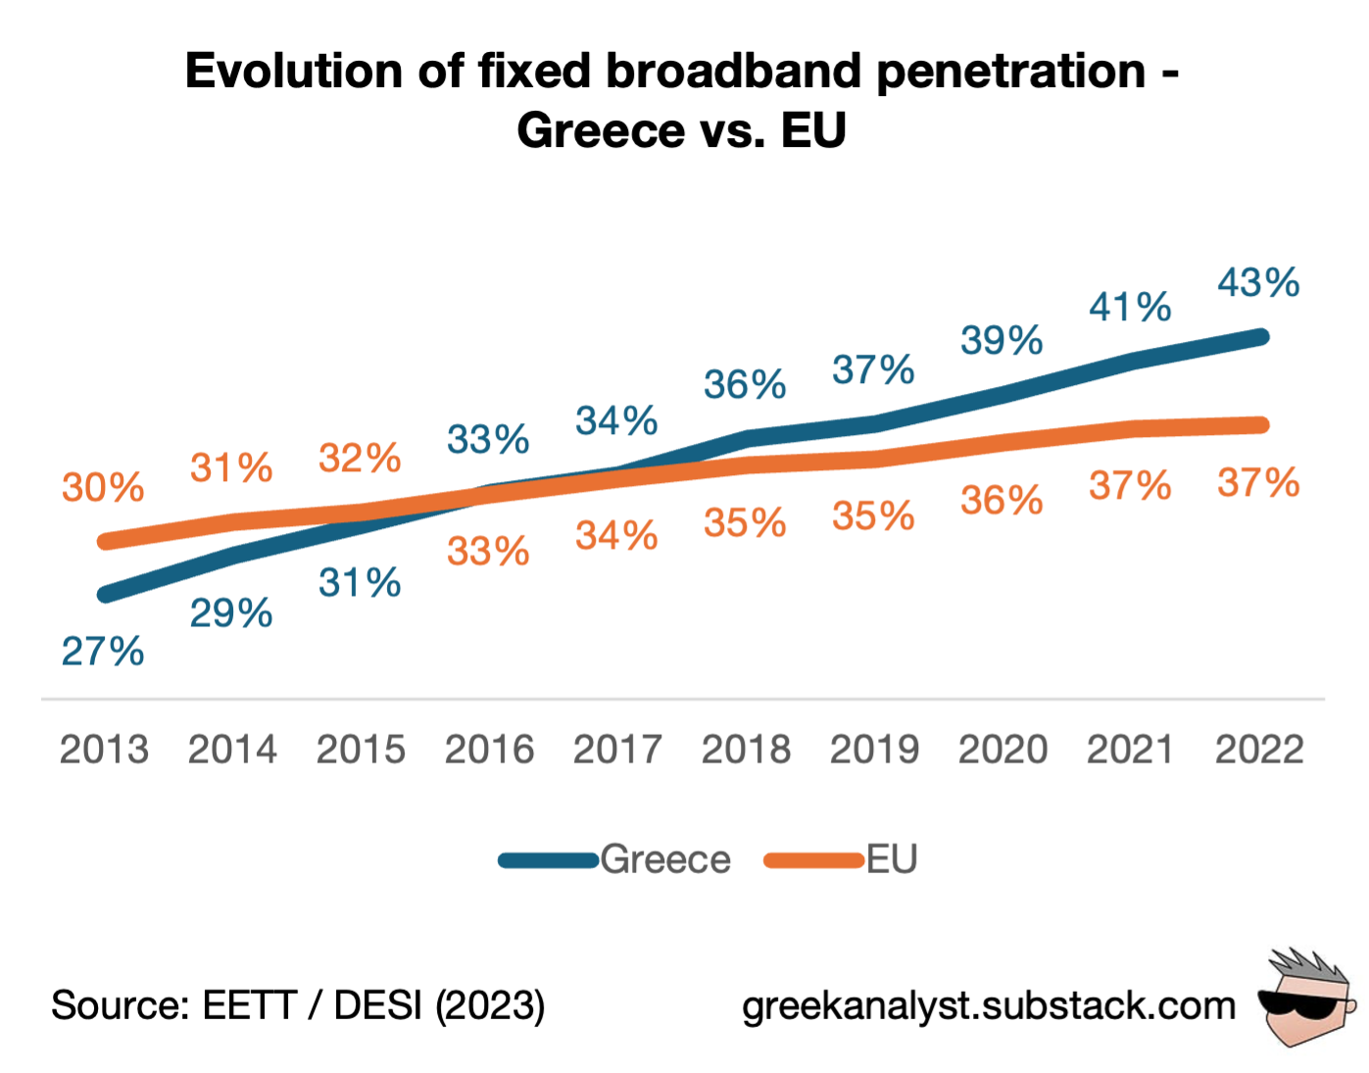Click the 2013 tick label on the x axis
point(104,750)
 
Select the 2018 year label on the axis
point(746,750)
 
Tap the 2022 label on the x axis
point(1259,750)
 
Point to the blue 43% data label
point(1258,283)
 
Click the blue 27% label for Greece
point(103,652)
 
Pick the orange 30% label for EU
point(103,487)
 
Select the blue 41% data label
point(1130,308)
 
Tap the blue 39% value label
point(1002,341)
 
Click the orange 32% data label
point(360,459)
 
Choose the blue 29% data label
point(231,614)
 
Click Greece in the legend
point(664,859)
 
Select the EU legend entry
point(891,859)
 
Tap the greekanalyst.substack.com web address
point(989,1005)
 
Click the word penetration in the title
point(1010,72)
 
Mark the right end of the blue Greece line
point(1261,337)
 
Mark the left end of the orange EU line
point(106,541)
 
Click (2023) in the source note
point(490,1005)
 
